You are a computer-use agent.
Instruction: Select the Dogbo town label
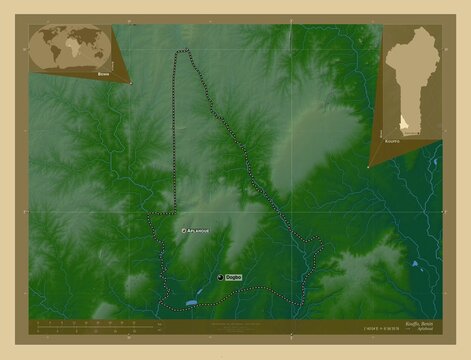(233, 276)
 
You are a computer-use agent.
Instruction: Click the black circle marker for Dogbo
(220, 276)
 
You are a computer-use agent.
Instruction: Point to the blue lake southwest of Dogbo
(190, 299)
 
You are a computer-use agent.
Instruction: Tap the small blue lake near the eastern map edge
(412, 265)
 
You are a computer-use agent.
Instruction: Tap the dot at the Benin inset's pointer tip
(369, 165)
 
